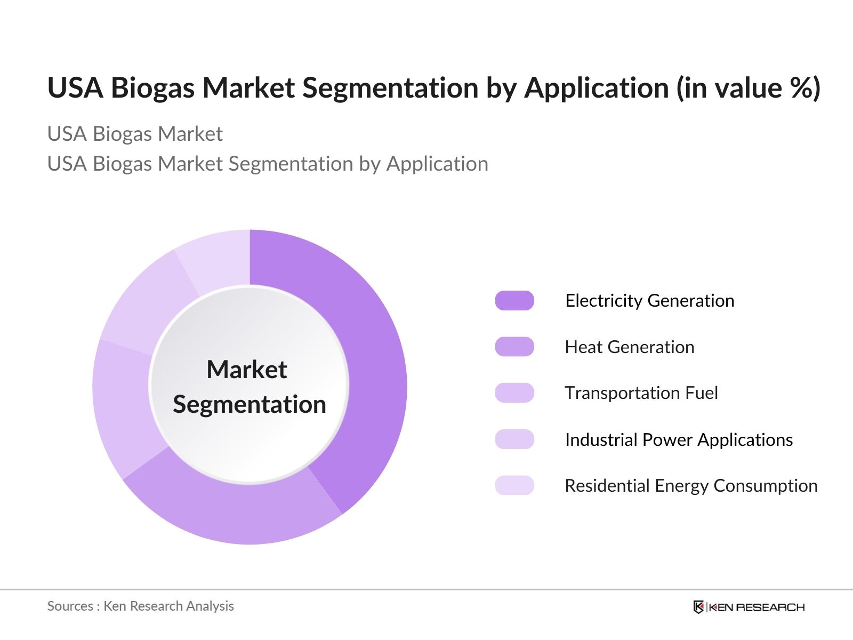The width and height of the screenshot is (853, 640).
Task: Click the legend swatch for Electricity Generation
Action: (514, 301)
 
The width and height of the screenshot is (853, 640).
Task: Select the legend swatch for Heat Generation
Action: (514, 347)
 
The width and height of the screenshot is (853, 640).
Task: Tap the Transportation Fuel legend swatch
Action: (514, 393)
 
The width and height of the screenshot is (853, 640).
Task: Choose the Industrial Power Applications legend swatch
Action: (514, 439)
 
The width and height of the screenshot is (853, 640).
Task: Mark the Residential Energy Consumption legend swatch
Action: (514, 485)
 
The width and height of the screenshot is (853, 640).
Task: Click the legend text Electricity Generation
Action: (649, 301)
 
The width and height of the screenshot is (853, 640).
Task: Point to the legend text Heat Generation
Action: (630, 347)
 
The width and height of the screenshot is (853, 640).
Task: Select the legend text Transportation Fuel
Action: (641, 393)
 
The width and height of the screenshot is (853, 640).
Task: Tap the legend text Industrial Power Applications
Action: (679, 440)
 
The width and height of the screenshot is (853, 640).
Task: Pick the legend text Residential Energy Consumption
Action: (691, 486)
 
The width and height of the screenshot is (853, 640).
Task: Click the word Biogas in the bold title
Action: (152, 88)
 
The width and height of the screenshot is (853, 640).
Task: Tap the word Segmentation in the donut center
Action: (250, 404)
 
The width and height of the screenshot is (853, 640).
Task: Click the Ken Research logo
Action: (749, 607)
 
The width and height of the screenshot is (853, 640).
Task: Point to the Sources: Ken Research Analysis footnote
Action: (140, 606)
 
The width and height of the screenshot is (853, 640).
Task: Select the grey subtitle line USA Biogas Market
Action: (135, 134)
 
